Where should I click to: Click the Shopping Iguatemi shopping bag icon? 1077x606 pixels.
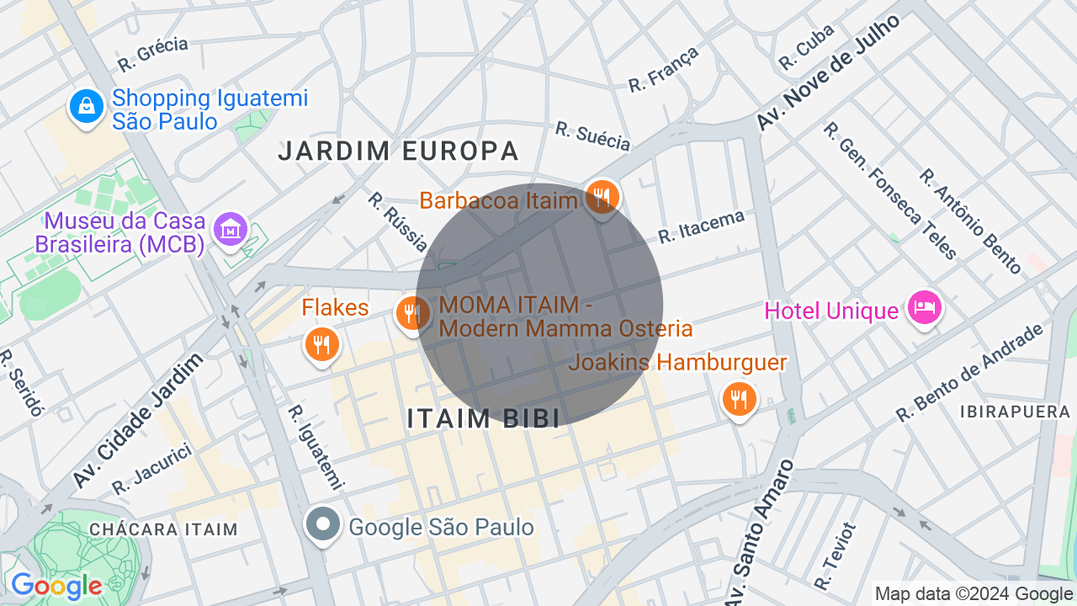86,107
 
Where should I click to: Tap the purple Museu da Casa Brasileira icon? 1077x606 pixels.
230,229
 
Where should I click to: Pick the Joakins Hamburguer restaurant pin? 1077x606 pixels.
739,400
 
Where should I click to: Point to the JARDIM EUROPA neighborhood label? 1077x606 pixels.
399,151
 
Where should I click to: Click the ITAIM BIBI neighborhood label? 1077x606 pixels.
483,419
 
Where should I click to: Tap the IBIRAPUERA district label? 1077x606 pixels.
1014,412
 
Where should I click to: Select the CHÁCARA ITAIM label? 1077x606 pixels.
163,530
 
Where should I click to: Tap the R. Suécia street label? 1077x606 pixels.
593,136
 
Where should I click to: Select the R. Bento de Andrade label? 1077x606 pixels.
969,373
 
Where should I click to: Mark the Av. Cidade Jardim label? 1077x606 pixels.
139,421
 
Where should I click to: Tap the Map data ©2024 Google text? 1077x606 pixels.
974,594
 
